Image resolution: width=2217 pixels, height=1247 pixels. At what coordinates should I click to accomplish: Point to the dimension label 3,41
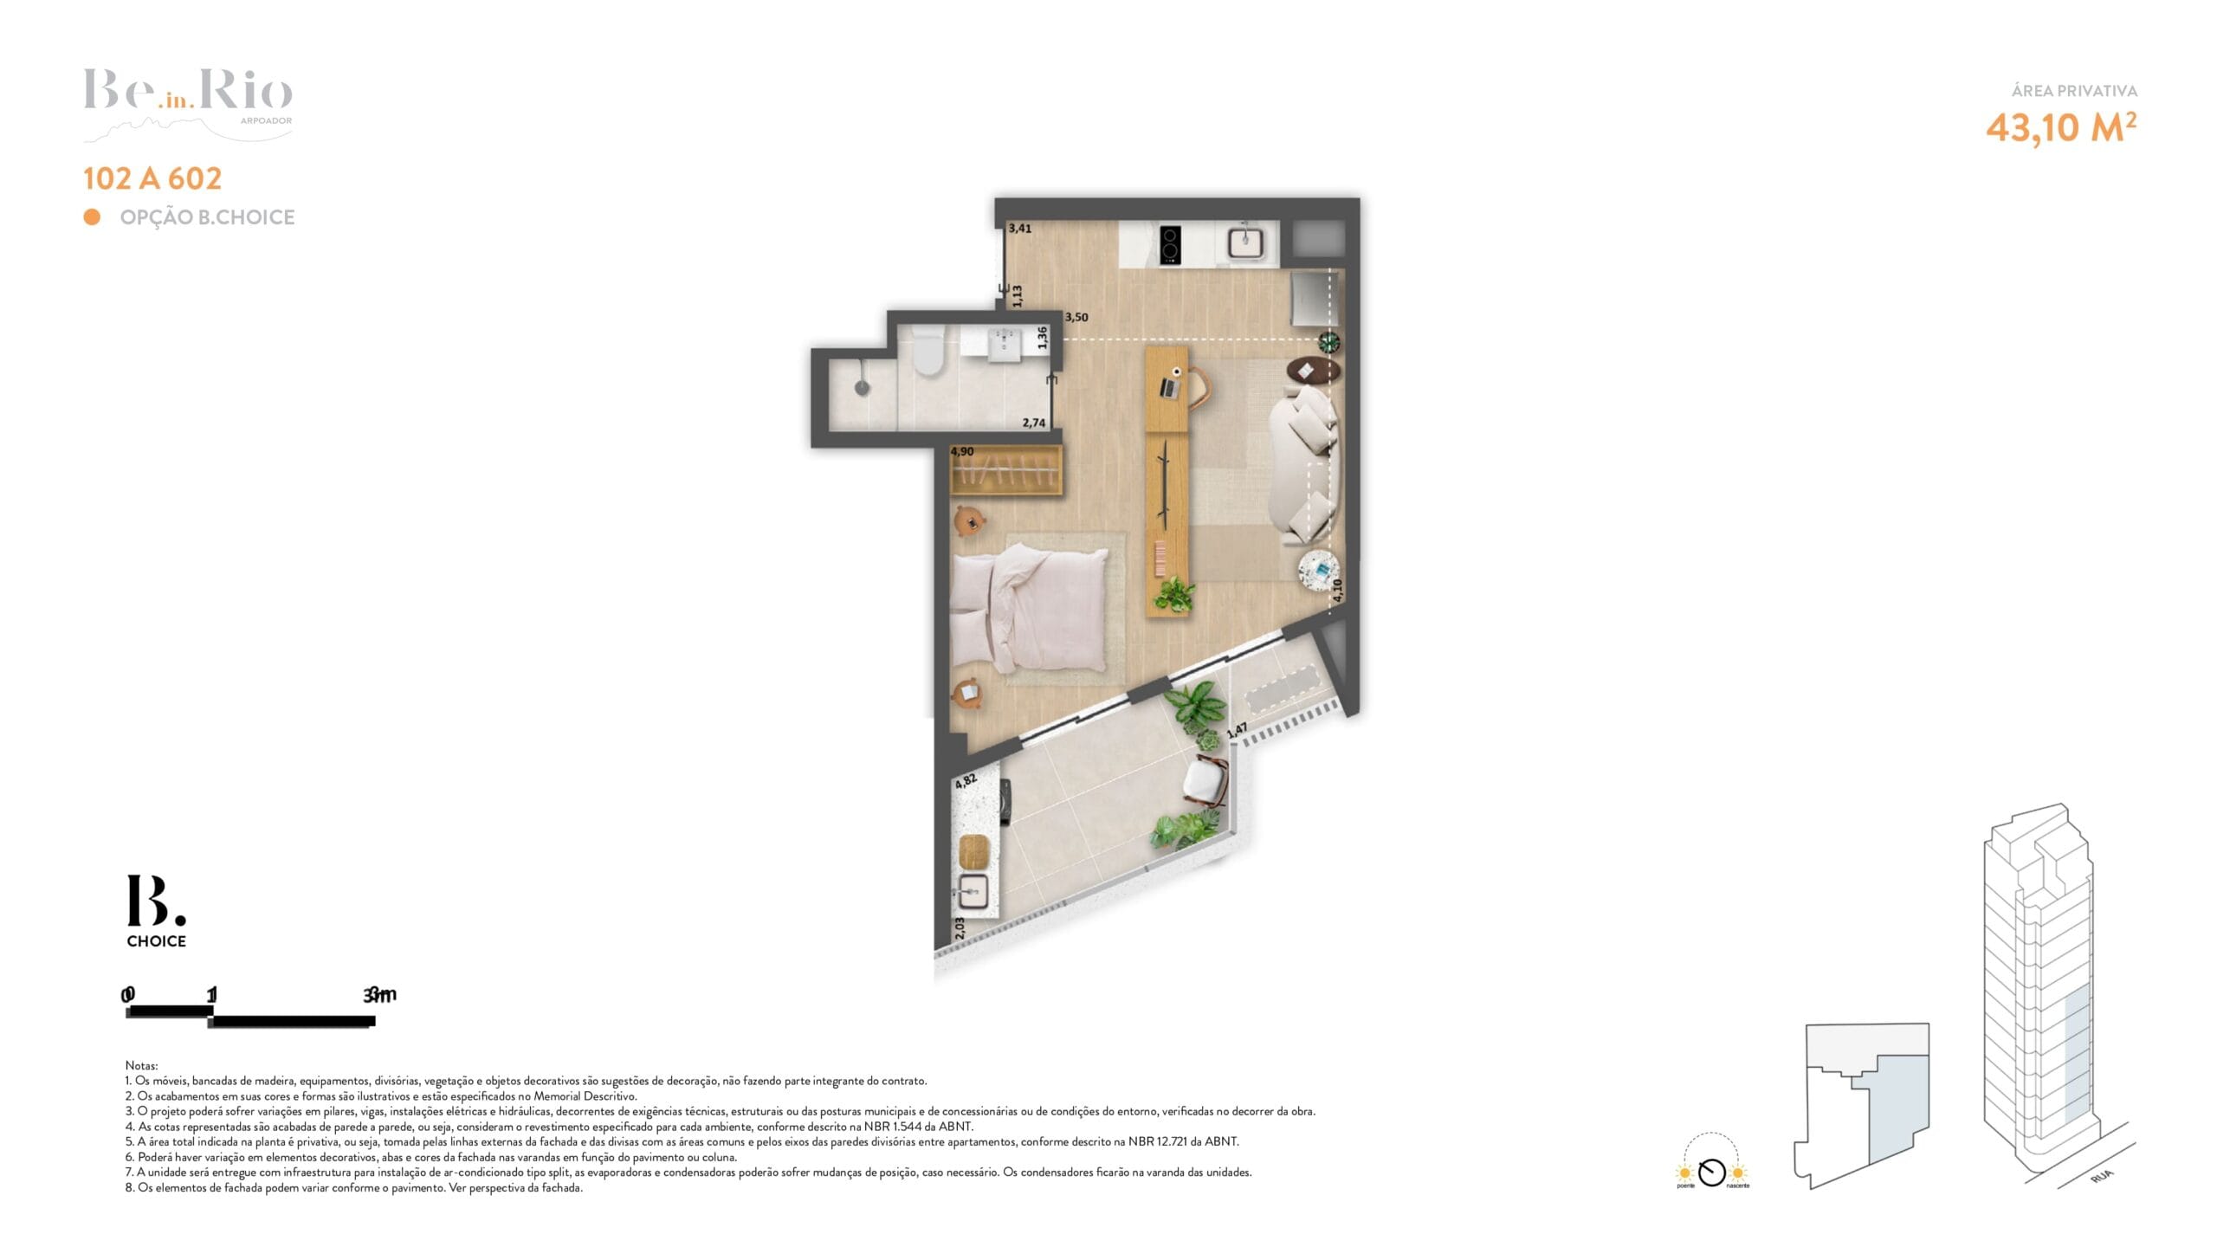[1020, 229]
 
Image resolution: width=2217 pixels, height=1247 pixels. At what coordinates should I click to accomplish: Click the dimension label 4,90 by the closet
[962, 452]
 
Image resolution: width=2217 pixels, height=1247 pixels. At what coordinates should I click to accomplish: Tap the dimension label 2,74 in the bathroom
[1034, 423]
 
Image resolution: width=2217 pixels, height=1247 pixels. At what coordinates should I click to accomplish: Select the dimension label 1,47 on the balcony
[1238, 730]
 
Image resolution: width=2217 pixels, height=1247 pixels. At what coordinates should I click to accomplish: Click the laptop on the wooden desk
[1169, 387]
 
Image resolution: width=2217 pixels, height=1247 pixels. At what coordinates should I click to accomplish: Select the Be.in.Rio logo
[189, 104]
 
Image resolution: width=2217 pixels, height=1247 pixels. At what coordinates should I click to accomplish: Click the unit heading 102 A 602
[152, 178]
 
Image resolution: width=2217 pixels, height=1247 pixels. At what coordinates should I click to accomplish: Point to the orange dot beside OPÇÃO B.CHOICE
[92, 216]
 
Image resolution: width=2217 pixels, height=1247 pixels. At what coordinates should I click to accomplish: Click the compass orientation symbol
[1711, 1173]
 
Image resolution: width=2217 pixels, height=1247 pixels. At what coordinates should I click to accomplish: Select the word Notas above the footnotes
[141, 1066]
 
